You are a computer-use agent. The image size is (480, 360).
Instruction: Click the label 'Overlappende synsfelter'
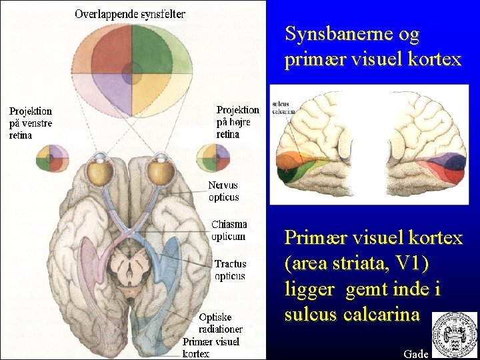tap(130, 14)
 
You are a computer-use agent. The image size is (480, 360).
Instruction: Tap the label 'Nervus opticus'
tap(223, 191)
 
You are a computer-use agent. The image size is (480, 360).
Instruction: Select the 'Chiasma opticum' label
tap(229, 231)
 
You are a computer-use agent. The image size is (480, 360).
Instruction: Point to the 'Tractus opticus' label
tap(230, 270)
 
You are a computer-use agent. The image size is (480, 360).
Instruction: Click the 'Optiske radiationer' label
tap(221, 323)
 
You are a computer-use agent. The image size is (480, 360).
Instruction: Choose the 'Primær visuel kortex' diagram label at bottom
tap(211, 347)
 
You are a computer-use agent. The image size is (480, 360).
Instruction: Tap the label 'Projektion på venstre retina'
tap(31, 123)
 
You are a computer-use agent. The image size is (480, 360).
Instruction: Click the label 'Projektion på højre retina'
tap(238, 122)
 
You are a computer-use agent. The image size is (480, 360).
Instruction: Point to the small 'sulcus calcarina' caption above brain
tap(284, 107)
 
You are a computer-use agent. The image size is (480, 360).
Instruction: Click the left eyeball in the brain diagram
tap(103, 173)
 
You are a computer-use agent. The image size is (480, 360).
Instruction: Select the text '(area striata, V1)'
tap(357, 264)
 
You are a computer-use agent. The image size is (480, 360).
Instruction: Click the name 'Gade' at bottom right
tap(416, 353)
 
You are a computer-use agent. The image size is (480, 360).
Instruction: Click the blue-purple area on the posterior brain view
tap(447, 163)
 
